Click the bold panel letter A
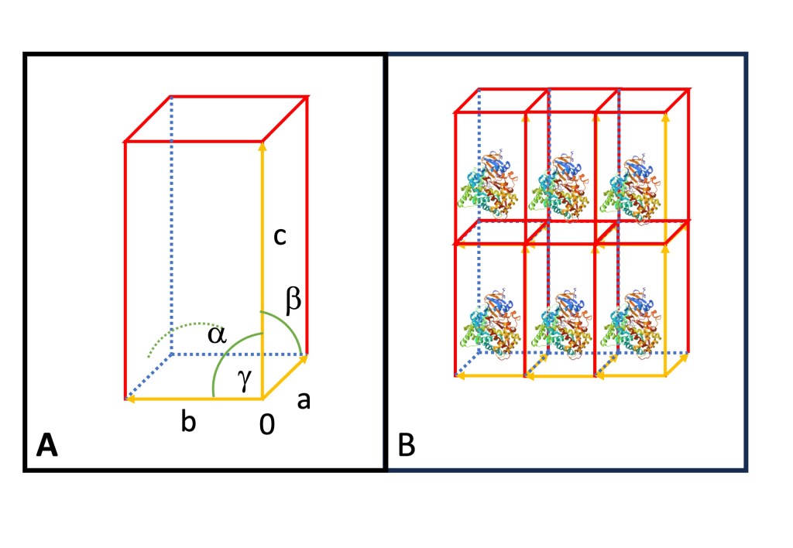(x=47, y=447)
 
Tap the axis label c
(x=280, y=236)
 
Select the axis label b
(x=187, y=423)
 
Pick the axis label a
(x=304, y=399)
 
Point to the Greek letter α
(x=217, y=334)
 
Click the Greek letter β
(x=293, y=302)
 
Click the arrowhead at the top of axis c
(x=263, y=146)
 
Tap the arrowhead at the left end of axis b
(x=129, y=399)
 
